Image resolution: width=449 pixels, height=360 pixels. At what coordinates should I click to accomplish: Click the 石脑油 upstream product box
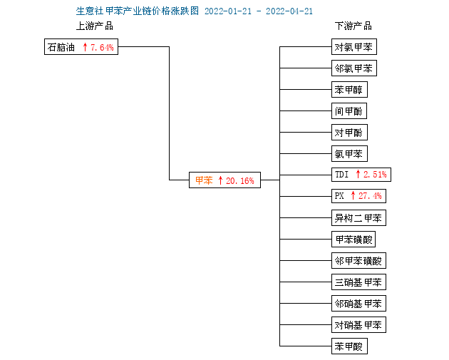pos(81,46)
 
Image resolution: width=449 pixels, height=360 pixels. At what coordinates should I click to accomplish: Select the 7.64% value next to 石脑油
pos(102,47)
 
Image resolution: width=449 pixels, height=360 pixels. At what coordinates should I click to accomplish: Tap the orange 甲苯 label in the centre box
pos(204,180)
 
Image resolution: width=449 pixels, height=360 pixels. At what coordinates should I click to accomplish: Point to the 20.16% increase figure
pos(240,181)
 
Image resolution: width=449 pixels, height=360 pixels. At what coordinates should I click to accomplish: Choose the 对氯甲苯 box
pos(354,46)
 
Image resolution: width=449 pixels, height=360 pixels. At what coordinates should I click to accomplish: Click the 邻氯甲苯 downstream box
pos(354,68)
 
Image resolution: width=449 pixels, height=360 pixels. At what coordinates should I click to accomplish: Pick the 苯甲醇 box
pos(349,90)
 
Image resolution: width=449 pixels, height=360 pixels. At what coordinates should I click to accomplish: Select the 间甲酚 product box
pos(349,110)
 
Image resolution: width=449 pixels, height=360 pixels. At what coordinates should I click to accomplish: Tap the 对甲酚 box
pos(349,133)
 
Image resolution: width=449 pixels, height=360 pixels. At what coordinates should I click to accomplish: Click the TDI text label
pos(341,175)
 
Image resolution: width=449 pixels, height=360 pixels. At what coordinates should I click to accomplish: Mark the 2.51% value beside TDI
pos(375,175)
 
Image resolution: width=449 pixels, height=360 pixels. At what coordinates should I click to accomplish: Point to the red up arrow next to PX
pos(353,195)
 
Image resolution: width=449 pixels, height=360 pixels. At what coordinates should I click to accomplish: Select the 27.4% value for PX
pos(370,196)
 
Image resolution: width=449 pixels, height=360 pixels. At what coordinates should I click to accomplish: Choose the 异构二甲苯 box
pos(358,218)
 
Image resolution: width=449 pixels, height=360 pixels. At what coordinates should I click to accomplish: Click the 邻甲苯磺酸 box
pos(358,261)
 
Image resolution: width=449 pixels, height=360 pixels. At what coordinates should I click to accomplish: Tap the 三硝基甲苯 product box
pos(358,282)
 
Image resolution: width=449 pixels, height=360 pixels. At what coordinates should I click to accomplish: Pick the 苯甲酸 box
pos(349,346)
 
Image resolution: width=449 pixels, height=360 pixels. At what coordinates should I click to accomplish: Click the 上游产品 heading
pos(95,26)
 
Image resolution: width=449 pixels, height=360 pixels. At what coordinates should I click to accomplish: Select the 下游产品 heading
pos(353,26)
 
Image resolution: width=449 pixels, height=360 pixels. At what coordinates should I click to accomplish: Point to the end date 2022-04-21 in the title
pos(289,11)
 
